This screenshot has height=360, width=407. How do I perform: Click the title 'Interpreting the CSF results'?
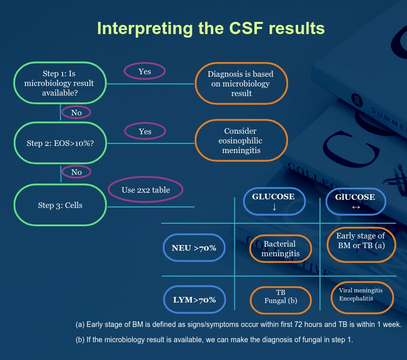point(211,28)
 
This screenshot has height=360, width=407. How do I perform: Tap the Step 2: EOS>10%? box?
point(60,143)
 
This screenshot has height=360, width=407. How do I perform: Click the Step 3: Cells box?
point(60,205)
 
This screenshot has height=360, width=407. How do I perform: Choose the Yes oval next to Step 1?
point(144,72)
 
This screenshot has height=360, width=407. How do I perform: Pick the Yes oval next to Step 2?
point(144,132)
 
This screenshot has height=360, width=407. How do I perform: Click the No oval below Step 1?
point(76,112)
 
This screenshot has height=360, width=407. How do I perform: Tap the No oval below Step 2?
point(76,172)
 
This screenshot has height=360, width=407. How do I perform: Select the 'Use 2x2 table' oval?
point(146,190)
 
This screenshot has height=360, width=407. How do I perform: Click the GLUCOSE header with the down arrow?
point(274,202)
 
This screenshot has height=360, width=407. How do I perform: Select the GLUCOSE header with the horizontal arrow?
point(355,202)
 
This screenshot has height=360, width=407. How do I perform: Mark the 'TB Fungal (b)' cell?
point(281,297)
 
